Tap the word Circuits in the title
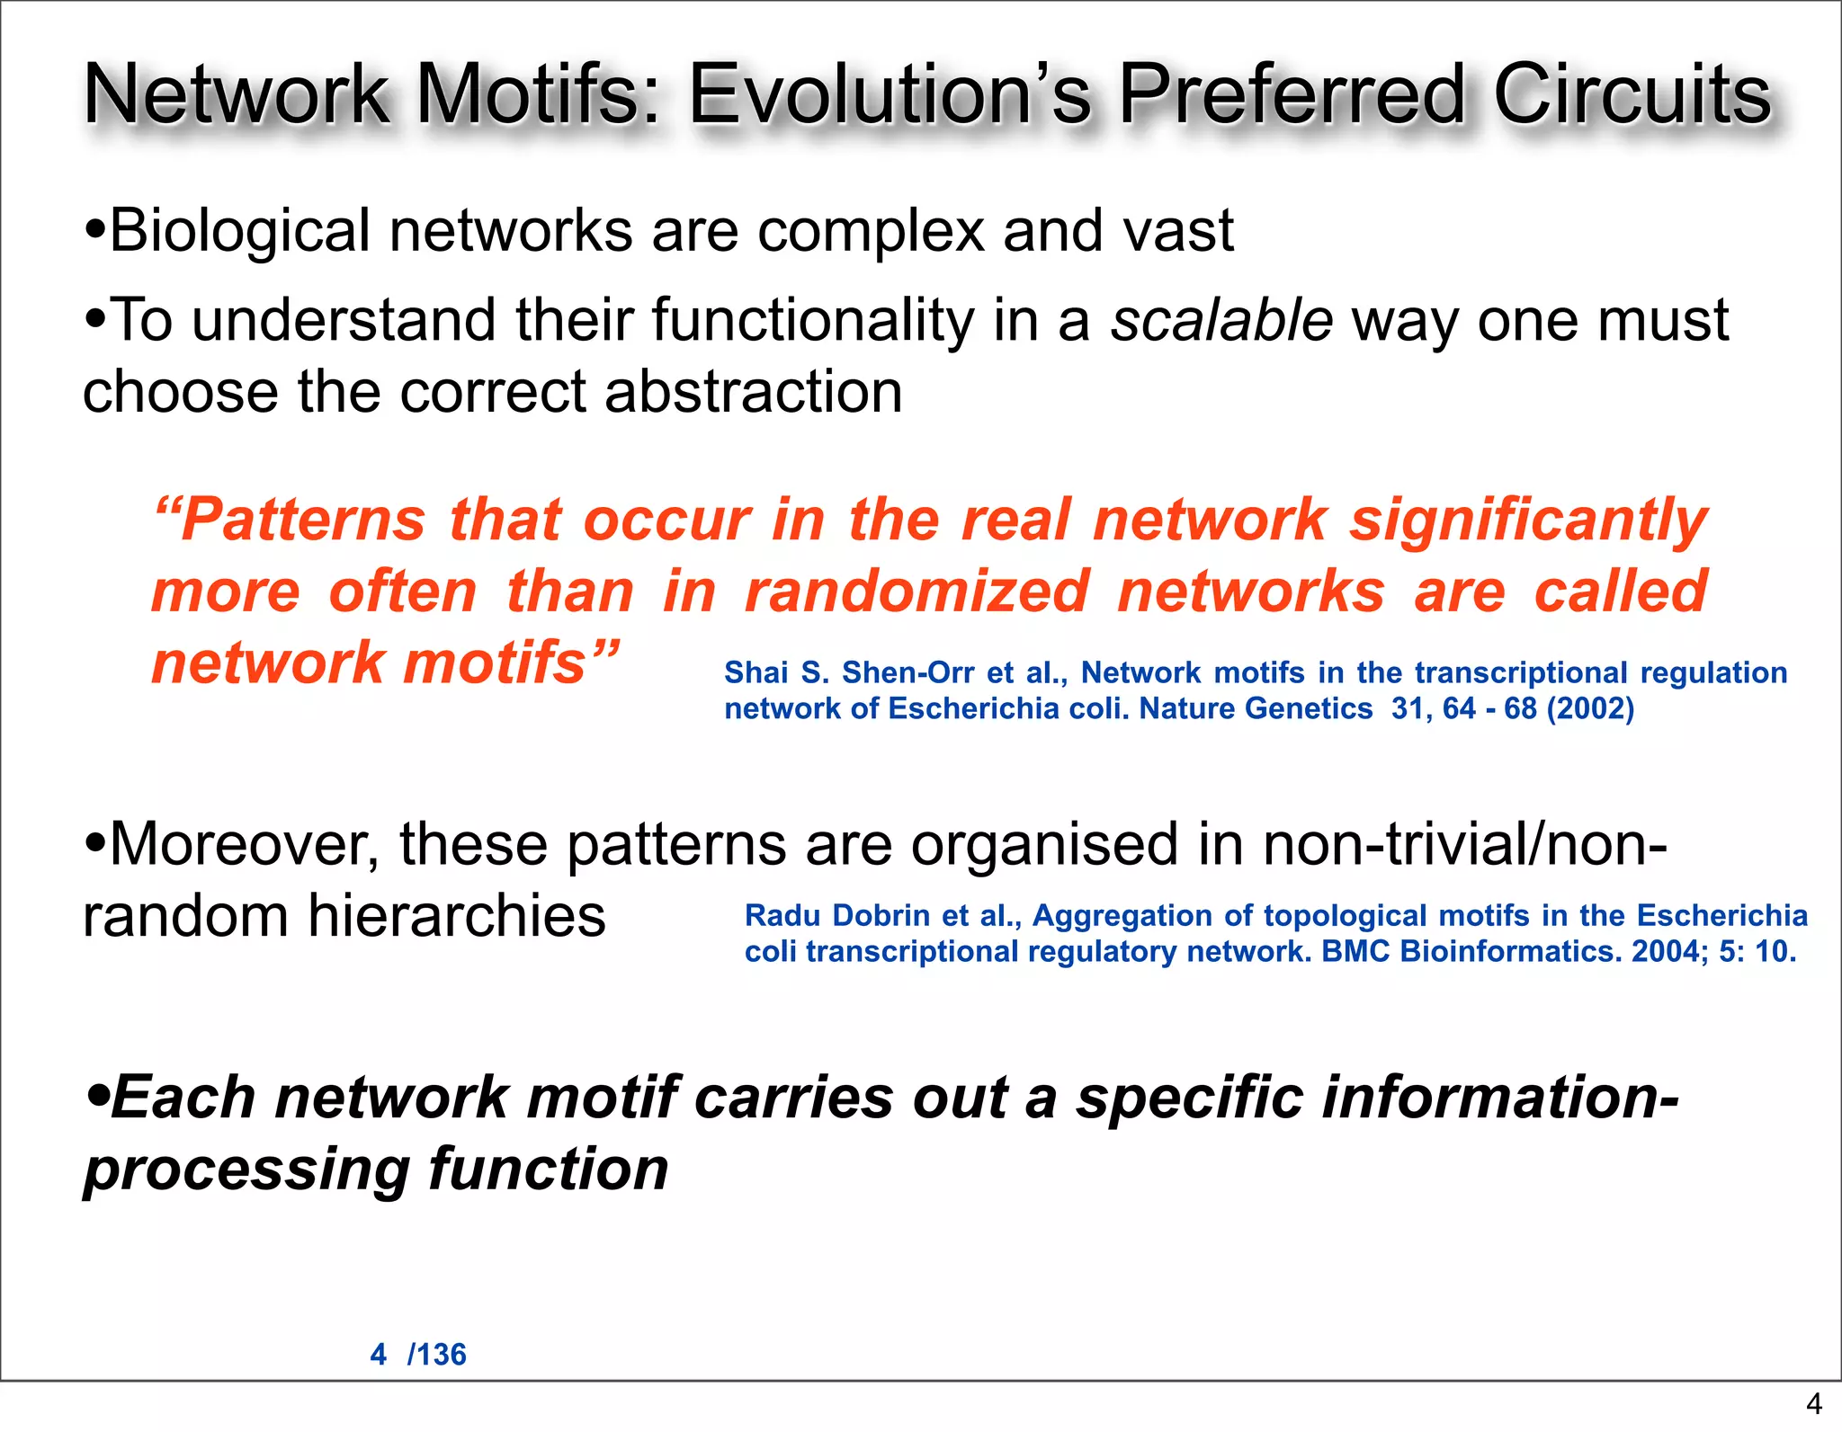pyautogui.click(x=1632, y=94)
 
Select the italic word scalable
pyautogui.click(x=1221, y=321)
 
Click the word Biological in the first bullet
pyautogui.click(x=239, y=231)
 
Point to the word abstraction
pyautogui.click(x=753, y=393)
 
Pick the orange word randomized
pyautogui.click(x=917, y=592)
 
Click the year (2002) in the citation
pyautogui.click(x=1590, y=709)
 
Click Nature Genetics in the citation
pyautogui.click(x=1256, y=709)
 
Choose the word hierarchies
pyautogui.click(x=456, y=916)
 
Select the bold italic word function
pyautogui.click(x=548, y=1170)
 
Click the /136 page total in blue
pyautogui.click(x=437, y=1355)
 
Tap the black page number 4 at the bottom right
pyautogui.click(x=1813, y=1403)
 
